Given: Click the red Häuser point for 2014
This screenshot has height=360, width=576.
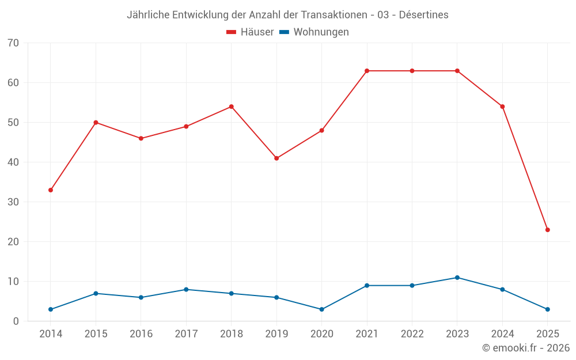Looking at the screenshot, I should tap(51, 190).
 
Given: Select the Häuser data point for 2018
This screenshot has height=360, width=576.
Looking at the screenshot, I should tap(232, 107).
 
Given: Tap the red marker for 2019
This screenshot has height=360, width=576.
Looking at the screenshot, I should tap(276, 158).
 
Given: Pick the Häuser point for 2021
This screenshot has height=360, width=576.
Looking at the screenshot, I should tap(367, 71).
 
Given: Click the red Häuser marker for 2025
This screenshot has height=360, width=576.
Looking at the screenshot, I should tap(548, 230).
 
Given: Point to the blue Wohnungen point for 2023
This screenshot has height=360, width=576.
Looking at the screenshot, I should tap(457, 278).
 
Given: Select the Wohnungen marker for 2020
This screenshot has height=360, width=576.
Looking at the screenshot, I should tap(322, 309).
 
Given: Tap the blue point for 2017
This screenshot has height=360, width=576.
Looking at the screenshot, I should tap(186, 290).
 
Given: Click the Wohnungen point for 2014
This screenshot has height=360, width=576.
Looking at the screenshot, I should tap(51, 309).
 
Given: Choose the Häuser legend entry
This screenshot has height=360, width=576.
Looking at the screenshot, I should tap(250, 32).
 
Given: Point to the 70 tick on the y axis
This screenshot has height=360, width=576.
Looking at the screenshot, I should tap(13, 43).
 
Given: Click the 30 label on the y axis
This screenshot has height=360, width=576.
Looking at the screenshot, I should tap(13, 202).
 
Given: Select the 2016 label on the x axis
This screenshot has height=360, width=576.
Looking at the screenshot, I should tap(141, 334).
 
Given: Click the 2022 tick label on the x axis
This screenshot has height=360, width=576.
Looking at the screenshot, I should tap(412, 334).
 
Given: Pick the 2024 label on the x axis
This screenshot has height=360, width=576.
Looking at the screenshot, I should tap(502, 334).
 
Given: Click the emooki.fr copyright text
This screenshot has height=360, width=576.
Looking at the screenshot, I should tap(526, 348).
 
